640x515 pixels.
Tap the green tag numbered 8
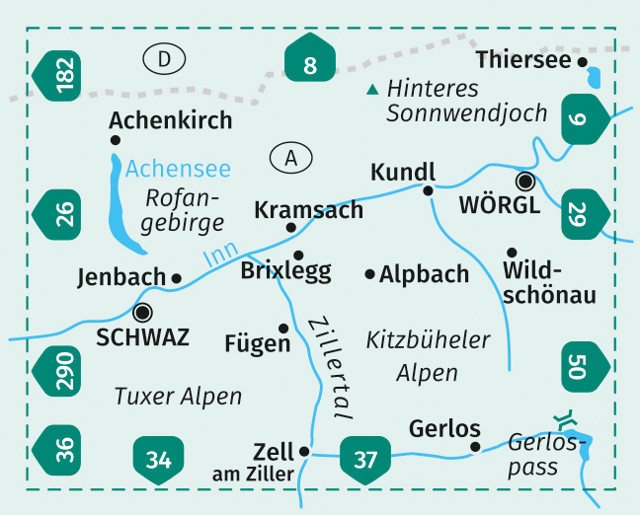310,65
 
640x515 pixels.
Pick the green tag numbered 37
364,459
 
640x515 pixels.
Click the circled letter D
170,60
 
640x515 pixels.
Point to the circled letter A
289,157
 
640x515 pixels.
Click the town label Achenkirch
171,120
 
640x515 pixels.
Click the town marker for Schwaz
143,313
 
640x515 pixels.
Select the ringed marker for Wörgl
525,181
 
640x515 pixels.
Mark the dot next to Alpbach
369,273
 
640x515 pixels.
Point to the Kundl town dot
428,189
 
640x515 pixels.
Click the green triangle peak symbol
372,90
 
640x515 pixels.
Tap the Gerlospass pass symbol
564,421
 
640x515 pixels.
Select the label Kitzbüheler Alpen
428,356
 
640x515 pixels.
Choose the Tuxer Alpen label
178,397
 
